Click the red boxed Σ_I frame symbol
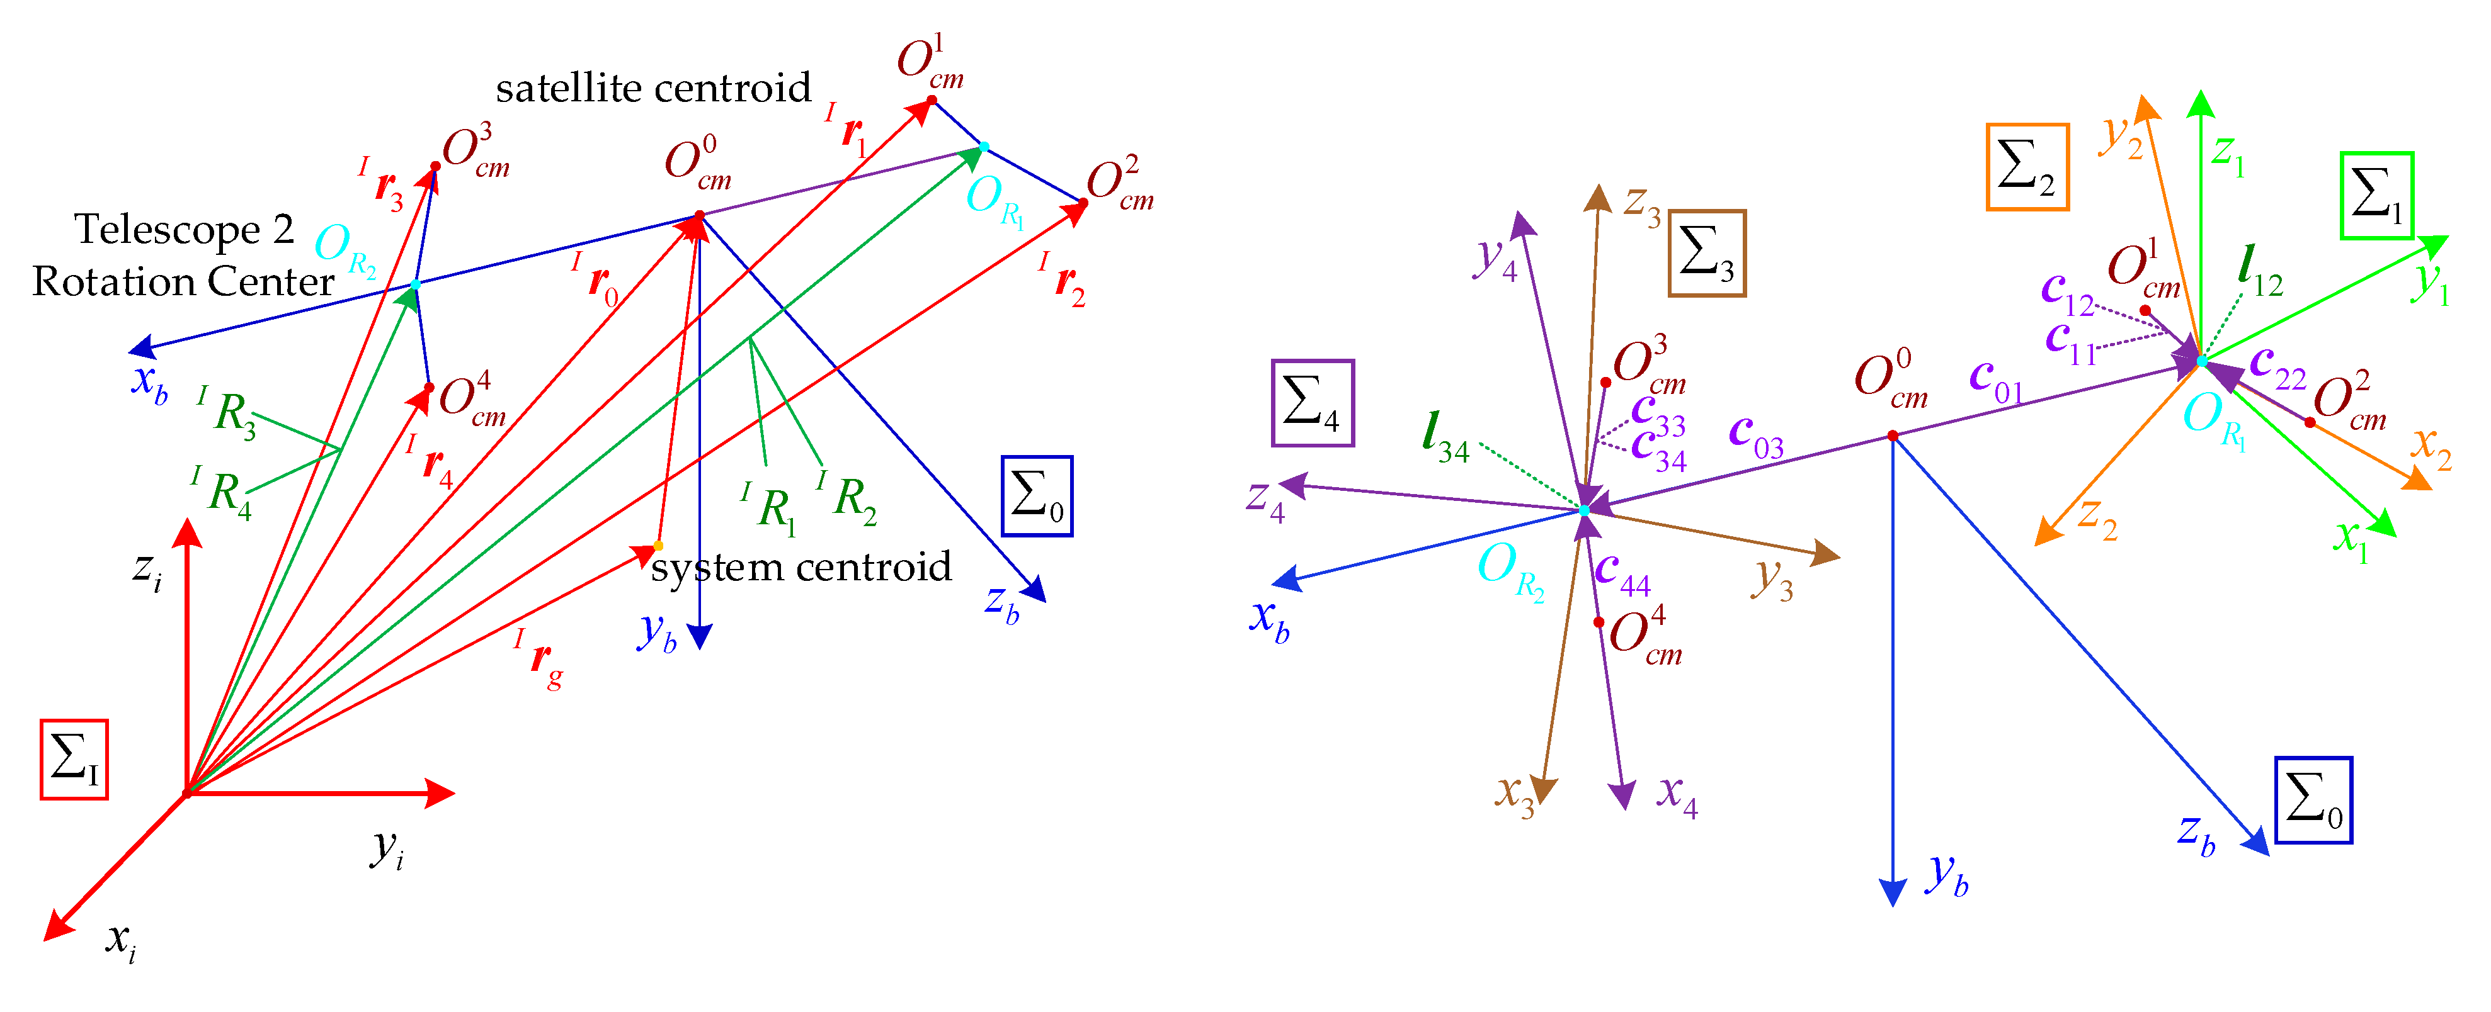tap(74, 759)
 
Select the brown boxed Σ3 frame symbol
tap(1707, 253)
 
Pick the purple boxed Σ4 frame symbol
tap(1312, 403)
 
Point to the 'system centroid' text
tap(801, 568)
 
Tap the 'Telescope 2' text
tap(184, 230)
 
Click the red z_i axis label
tap(147, 570)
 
